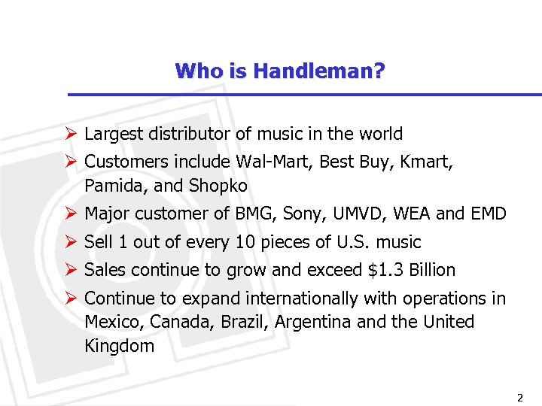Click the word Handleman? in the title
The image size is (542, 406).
pyautogui.click(x=319, y=71)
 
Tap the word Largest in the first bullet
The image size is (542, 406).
pyautogui.click(x=111, y=135)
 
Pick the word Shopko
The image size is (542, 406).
pyautogui.click(x=218, y=185)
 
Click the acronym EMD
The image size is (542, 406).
pyautogui.click(x=489, y=214)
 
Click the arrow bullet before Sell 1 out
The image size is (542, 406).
pyautogui.click(x=72, y=242)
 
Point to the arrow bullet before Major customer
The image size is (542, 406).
pyautogui.click(x=72, y=214)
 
